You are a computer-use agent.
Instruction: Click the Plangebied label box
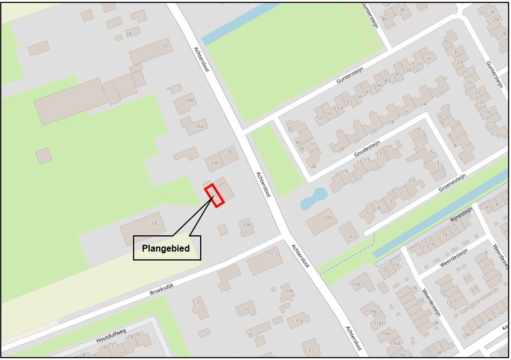click(x=167, y=248)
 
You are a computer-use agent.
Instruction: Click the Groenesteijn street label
click(x=452, y=183)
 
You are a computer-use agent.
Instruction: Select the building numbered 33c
click(x=154, y=224)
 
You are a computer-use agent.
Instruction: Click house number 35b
click(x=190, y=101)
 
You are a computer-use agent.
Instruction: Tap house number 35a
click(x=198, y=126)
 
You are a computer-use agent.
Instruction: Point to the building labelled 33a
click(x=245, y=224)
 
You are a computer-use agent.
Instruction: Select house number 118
click(x=356, y=285)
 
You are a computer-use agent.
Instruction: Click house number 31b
click(x=289, y=291)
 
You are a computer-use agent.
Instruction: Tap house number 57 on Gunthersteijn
click(x=320, y=119)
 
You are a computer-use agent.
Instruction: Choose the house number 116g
click(x=371, y=311)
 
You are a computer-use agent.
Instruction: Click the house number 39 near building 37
click(x=129, y=35)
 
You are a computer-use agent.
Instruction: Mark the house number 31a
click(x=299, y=320)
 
